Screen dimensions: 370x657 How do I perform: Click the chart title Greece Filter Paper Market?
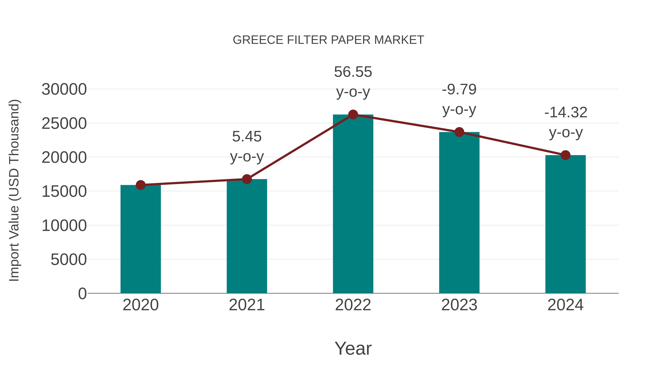pyautogui.click(x=328, y=40)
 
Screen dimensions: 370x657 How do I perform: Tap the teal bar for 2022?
pyautogui.click(x=353, y=204)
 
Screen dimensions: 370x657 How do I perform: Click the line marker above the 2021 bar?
pyautogui.click(x=247, y=179)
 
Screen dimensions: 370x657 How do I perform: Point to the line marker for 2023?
pyautogui.click(x=459, y=132)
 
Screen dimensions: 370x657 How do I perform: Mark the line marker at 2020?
pyautogui.click(x=141, y=185)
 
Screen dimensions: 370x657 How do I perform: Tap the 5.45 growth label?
pyautogui.click(x=247, y=137)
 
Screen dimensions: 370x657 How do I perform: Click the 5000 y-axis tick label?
pyautogui.click(x=69, y=260)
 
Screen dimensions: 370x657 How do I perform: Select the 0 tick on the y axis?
pyautogui.click(x=82, y=294)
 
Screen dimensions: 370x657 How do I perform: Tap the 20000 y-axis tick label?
pyautogui.click(x=64, y=158)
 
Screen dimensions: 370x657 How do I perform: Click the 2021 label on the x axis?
pyautogui.click(x=247, y=305)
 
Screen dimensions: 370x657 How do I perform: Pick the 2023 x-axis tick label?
pyautogui.click(x=459, y=305)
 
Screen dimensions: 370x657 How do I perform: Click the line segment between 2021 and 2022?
pyautogui.click(x=300, y=147)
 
